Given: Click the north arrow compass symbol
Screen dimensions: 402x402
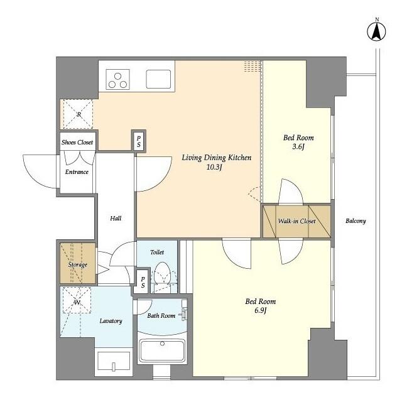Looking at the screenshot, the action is tap(376, 31).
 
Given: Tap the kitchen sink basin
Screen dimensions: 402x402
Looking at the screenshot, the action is tap(158, 79).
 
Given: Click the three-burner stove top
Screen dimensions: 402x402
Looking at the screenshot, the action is tap(117, 80).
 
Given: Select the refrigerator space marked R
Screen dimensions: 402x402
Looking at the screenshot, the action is tap(78, 114).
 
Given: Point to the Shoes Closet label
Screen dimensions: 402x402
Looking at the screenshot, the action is tap(77, 142).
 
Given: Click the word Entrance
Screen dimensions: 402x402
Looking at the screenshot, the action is tap(77, 171).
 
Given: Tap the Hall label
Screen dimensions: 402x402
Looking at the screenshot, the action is tap(116, 218).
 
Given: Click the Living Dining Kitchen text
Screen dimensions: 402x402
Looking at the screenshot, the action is tap(216, 158).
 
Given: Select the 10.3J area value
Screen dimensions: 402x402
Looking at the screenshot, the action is tap(214, 167).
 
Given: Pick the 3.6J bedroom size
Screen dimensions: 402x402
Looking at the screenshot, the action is tap(298, 146).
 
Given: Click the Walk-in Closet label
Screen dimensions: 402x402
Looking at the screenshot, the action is tap(296, 221).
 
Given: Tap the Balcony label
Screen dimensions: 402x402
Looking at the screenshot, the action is tap(356, 220).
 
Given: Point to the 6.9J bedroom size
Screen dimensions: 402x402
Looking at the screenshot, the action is tap(261, 310).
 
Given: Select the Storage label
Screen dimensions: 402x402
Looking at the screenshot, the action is tap(77, 264).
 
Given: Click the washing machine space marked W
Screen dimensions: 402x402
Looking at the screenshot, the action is tap(77, 300).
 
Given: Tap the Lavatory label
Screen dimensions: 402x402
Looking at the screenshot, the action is tap(111, 321).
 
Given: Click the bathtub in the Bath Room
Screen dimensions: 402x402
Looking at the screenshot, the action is tap(162, 350).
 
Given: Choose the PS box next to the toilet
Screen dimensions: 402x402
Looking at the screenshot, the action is tap(143, 282).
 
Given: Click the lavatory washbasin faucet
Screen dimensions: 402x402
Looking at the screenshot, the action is tap(114, 367).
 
